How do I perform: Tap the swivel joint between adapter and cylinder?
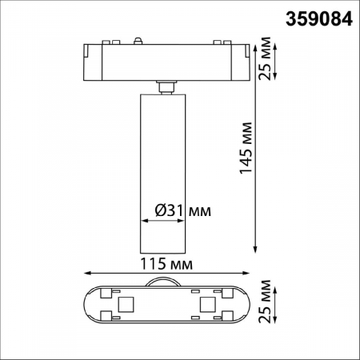166,86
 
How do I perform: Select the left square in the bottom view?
125,304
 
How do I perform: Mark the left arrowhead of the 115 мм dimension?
84,273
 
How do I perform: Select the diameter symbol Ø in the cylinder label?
158,211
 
